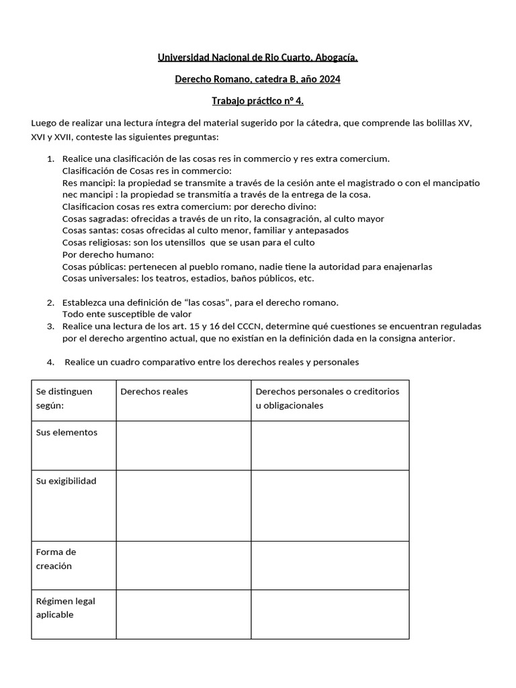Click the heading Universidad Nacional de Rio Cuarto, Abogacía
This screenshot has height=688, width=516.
(257, 58)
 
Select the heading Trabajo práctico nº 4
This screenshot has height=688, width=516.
(257, 101)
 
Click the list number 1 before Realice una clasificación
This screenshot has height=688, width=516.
(50, 159)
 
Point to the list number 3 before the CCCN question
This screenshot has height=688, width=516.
(50, 326)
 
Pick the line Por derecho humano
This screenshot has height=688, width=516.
(107, 255)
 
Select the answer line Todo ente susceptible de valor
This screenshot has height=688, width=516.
(126, 314)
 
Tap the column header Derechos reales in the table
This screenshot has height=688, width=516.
(154, 391)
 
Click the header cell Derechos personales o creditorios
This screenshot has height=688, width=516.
(327, 391)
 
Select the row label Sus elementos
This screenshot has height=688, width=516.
(67, 432)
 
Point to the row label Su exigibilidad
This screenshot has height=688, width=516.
(66, 481)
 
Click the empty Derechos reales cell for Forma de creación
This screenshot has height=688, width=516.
(183, 565)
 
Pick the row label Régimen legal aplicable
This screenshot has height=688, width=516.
(65, 607)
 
